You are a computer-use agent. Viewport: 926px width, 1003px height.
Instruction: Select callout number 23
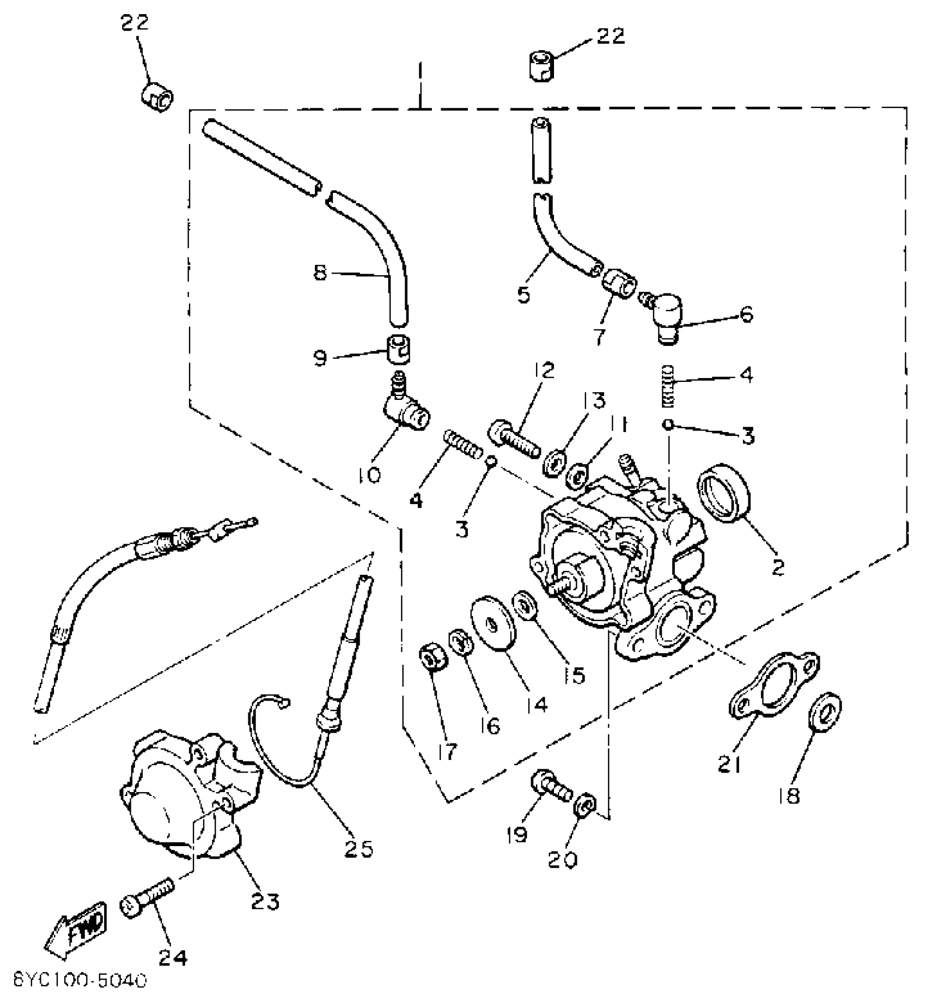point(265,901)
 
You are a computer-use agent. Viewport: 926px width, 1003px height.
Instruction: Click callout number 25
point(358,848)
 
